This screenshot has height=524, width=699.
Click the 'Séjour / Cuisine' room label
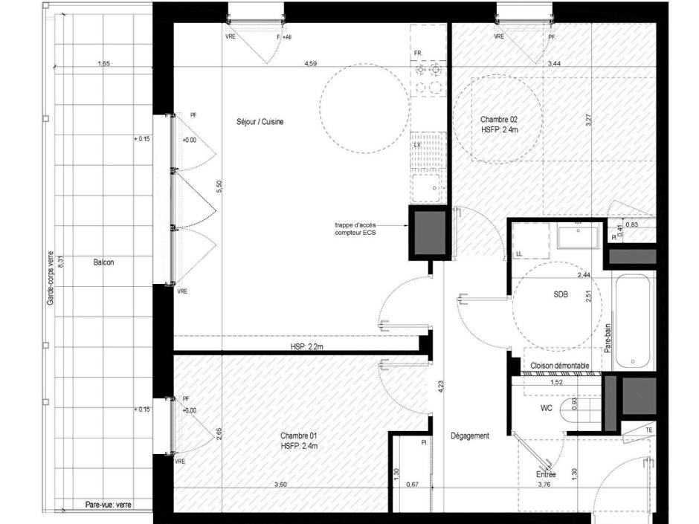(x=255, y=122)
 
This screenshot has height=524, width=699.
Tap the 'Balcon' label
(x=103, y=262)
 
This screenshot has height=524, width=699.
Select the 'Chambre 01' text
(x=299, y=436)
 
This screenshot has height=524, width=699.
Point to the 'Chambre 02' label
(x=498, y=119)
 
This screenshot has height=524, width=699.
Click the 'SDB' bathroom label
(x=560, y=295)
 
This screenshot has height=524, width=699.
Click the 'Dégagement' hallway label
(x=470, y=436)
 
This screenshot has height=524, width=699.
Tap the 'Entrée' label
(x=547, y=473)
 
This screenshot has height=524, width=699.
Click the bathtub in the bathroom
(x=634, y=321)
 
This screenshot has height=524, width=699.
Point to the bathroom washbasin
(x=578, y=236)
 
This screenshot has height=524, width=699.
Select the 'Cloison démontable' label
(x=561, y=366)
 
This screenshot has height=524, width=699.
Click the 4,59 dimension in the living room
(x=311, y=65)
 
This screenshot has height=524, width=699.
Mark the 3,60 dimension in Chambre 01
(x=280, y=485)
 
